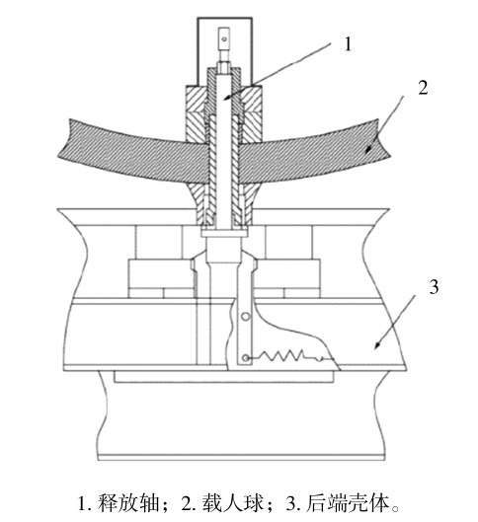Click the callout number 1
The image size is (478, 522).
click(348, 44)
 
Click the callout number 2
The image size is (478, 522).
click(423, 88)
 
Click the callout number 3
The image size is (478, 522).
click(434, 287)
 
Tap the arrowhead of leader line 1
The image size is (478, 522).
click(225, 98)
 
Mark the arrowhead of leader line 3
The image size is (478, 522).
click(377, 345)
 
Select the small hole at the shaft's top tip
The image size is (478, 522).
click(224, 39)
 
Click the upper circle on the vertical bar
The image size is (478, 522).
click(246, 317)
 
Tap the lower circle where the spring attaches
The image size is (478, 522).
click(246, 358)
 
